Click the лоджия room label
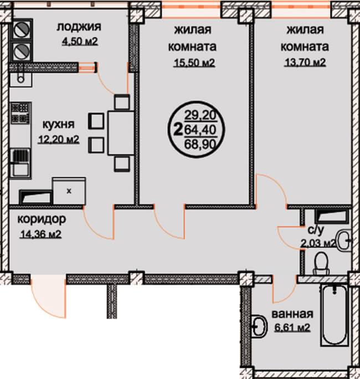(79, 27)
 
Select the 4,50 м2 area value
(80, 42)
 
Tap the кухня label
(59, 124)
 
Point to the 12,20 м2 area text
(59, 139)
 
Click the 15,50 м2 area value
(194, 63)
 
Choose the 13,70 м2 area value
(305, 63)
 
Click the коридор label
(42, 219)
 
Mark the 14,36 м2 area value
(40, 234)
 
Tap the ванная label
(292, 314)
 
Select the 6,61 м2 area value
(292, 328)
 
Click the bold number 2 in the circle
(178, 129)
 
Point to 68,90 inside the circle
(200, 145)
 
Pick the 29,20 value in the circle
(200, 115)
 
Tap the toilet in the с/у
(321, 264)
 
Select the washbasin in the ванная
(259, 326)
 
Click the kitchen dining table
(121, 133)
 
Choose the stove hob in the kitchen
(21, 113)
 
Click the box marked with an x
(69, 191)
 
